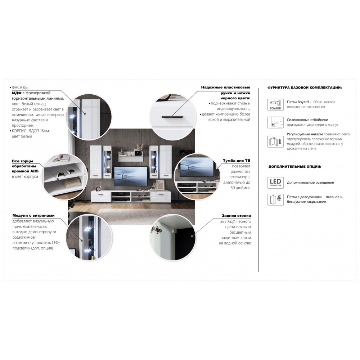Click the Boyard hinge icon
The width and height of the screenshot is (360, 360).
(275, 105)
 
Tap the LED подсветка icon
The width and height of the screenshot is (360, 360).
(275, 183)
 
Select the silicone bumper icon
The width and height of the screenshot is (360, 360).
(275, 122)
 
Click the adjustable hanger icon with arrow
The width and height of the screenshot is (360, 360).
(275, 141)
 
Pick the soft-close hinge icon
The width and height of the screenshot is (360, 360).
(275, 199)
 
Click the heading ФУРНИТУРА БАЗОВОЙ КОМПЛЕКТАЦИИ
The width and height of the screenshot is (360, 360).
(305, 88)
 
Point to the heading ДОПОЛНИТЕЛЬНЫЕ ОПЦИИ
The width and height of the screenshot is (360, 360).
(295, 167)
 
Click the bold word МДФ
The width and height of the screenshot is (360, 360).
(17, 93)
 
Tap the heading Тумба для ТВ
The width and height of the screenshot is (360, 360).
(237, 161)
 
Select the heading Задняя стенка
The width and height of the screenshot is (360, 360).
(236, 216)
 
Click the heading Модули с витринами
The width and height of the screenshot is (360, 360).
(33, 216)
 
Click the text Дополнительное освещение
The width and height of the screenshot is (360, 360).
(310, 183)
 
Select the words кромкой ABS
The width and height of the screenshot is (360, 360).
(25, 171)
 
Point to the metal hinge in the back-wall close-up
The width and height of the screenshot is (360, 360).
(156, 230)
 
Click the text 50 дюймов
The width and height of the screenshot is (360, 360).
(240, 188)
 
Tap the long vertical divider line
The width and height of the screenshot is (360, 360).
(259, 180)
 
